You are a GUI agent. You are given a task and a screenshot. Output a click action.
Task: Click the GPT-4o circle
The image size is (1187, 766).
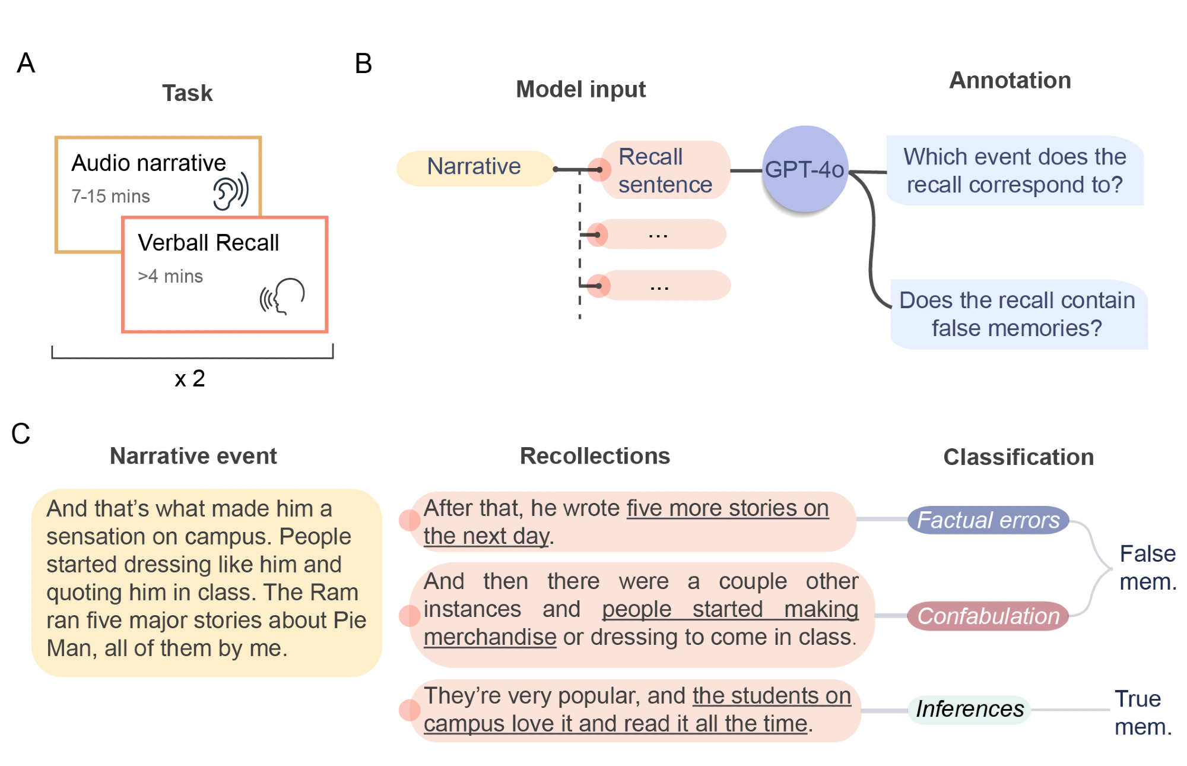click(804, 169)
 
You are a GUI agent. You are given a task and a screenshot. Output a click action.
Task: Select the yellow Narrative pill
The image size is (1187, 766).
click(475, 167)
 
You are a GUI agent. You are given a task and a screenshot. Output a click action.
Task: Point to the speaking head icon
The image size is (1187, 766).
click(283, 296)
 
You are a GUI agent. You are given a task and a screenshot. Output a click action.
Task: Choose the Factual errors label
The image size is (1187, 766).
click(988, 520)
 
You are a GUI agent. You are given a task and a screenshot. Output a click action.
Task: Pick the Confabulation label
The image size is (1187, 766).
click(988, 616)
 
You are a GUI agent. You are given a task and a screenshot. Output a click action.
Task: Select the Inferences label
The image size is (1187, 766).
click(970, 709)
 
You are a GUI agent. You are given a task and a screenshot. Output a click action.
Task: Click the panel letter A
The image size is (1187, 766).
click(26, 63)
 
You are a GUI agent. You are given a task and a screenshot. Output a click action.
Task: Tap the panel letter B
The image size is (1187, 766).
click(363, 64)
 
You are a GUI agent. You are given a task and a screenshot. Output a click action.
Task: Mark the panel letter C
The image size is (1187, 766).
click(21, 433)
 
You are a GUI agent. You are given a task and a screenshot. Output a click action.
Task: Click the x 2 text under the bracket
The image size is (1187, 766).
click(190, 379)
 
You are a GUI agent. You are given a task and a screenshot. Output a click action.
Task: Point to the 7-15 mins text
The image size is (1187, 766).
click(110, 197)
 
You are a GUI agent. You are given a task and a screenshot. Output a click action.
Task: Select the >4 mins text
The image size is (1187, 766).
click(170, 276)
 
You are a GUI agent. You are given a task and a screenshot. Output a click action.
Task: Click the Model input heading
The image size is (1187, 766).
click(580, 90)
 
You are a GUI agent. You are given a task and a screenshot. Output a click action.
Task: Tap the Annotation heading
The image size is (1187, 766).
click(1010, 81)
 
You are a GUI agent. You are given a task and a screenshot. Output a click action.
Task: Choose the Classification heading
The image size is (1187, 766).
click(1018, 457)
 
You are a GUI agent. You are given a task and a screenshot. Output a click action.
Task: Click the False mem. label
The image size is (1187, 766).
click(1147, 568)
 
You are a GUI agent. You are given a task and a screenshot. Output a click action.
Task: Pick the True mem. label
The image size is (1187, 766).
click(1142, 713)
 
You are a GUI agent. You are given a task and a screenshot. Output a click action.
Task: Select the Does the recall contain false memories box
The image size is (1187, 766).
click(1018, 314)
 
